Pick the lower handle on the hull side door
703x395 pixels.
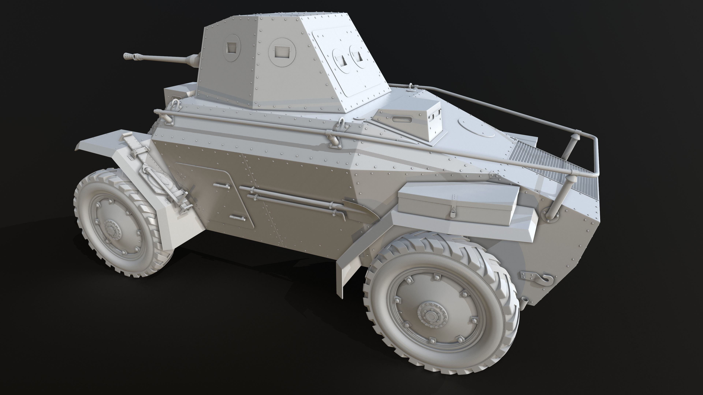(x=237, y=218)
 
